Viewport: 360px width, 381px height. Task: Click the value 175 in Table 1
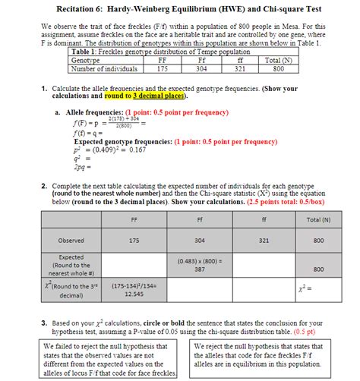click(162, 68)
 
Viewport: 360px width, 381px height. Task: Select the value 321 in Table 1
click(240, 68)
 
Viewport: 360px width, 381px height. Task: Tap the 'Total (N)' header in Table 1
click(278, 60)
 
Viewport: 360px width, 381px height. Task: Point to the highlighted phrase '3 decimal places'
click(158, 97)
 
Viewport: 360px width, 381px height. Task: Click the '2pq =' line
click(84, 165)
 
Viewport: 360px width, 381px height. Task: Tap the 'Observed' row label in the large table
click(71, 241)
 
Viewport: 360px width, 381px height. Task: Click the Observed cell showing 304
click(199, 241)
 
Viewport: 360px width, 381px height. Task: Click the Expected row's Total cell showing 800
click(306, 269)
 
